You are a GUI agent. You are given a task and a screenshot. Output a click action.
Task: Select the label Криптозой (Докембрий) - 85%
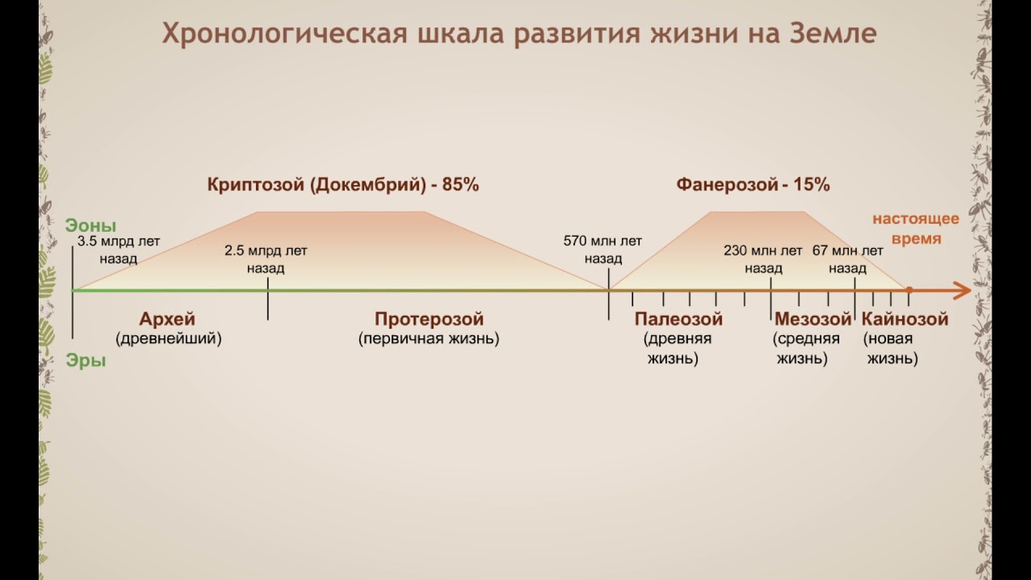click(x=343, y=184)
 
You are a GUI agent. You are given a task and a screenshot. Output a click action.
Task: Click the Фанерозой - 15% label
click(x=753, y=184)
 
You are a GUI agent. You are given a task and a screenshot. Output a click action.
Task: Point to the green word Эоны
click(x=91, y=226)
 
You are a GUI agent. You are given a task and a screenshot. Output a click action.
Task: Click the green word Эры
click(x=86, y=361)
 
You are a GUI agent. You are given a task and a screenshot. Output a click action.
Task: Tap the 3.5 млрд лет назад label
click(x=119, y=250)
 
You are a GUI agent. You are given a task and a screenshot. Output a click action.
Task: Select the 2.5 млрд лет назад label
click(x=266, y=259)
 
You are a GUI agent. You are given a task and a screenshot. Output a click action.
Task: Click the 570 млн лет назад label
click(x=603, y=250)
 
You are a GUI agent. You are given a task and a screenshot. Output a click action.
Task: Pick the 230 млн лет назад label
click(x=763, y=259)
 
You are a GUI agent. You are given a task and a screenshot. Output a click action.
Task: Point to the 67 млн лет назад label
click(x=848, y=259)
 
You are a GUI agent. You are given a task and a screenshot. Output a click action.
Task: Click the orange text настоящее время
click(x=916, y=229)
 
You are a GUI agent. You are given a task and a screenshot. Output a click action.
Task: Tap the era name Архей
click(x=168, y=319)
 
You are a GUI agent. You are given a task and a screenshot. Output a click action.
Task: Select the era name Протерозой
click(x=429, y=319)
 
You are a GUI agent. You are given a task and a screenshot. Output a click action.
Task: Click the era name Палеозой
click(x=678, y=319)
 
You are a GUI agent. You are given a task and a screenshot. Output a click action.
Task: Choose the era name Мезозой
click(x=813, y=319)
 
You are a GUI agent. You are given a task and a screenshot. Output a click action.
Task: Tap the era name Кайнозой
click(x=905, y=319)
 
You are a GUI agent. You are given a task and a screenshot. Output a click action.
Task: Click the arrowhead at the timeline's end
click(x=963, y=290)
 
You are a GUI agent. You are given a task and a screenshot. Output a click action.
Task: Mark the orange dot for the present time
click(x=909, y=290)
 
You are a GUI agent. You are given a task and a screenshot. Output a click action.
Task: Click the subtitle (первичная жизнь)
click(x=429, y=339)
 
